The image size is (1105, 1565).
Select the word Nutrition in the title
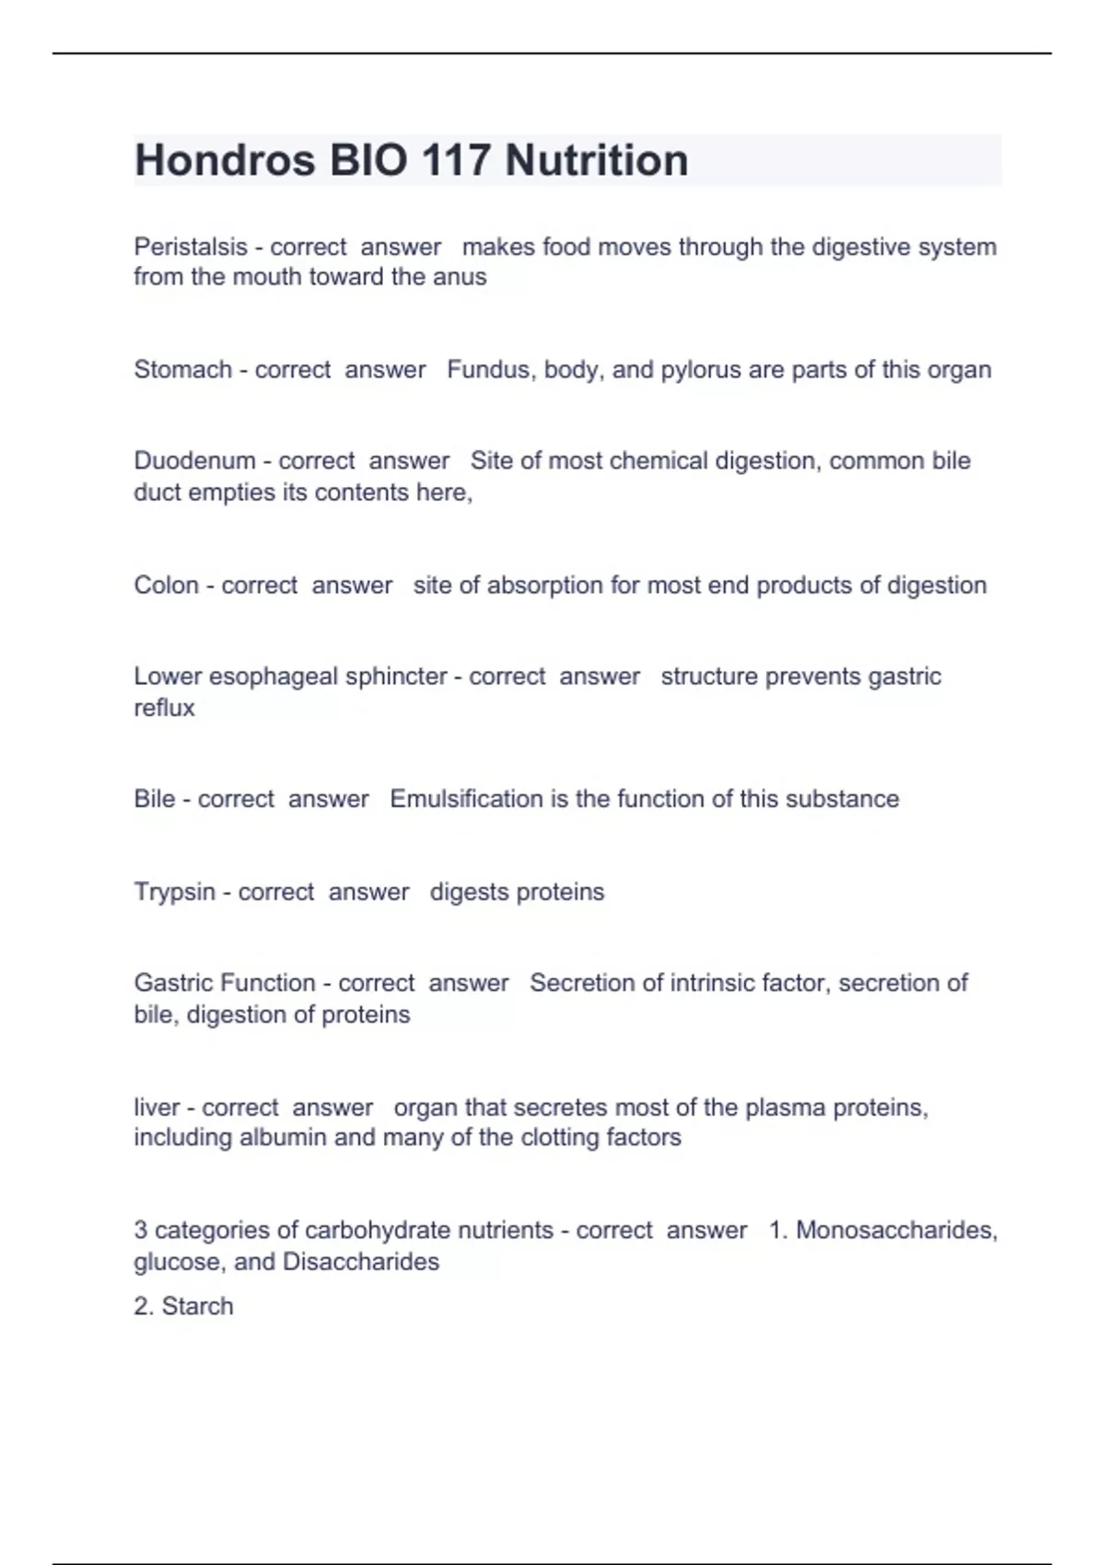[x=597, y=160]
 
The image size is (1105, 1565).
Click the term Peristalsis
[x=191, y=247]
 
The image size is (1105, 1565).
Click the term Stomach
[x=182, y=369]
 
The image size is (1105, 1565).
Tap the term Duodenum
[x=194, y=460]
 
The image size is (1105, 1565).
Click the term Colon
[x=166, y=585]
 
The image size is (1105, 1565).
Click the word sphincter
[x=396, y=676]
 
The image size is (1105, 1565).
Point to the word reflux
[x=164, y=708]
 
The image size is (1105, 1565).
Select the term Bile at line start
[x=154, y=798]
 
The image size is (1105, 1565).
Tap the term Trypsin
[x=175, y=891]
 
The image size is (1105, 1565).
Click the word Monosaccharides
[x=896, y=1230]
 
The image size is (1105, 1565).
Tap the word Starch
[x=197, y=1305]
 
